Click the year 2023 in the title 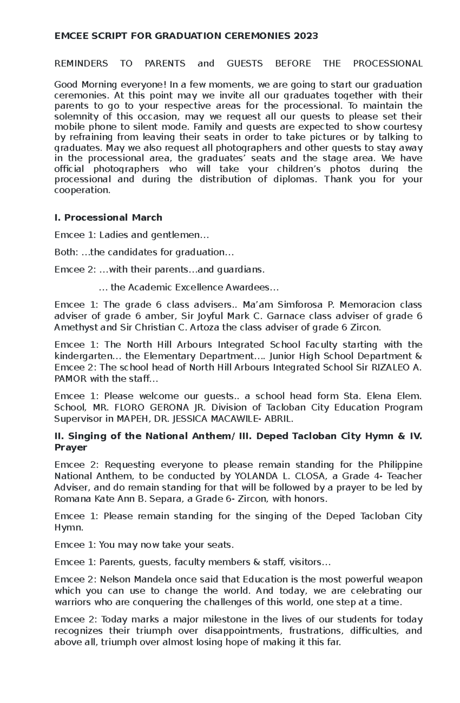pyautogui.click(x=306, y=36)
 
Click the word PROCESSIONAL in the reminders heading pyautogui.click(x=388, y=64)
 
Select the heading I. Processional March pyautogui.click(x=108, y=218)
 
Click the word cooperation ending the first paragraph pyautogui.click(x=82, y=190)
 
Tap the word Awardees pyautogui.click(x=250, y=287)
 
